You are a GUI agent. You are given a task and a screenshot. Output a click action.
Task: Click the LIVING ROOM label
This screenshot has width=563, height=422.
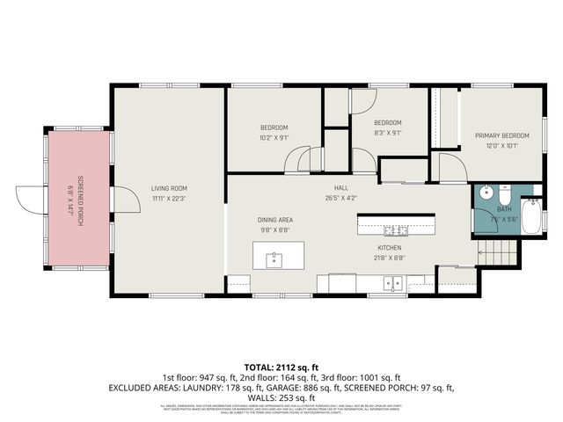coord(169,188)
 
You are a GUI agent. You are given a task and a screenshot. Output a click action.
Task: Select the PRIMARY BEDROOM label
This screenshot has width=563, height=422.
coord(502,135)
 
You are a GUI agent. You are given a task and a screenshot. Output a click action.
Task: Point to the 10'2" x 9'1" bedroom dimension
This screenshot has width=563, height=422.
coord(274,137)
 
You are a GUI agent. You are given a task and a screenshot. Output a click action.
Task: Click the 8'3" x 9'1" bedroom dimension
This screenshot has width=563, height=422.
coord(387,133)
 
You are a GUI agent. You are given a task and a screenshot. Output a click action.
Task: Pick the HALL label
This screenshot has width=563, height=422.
coord(341,188)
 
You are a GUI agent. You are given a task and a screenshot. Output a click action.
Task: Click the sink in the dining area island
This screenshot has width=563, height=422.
coord(274,259)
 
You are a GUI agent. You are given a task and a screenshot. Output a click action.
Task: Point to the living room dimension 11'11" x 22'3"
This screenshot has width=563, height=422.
coord(169,198)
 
